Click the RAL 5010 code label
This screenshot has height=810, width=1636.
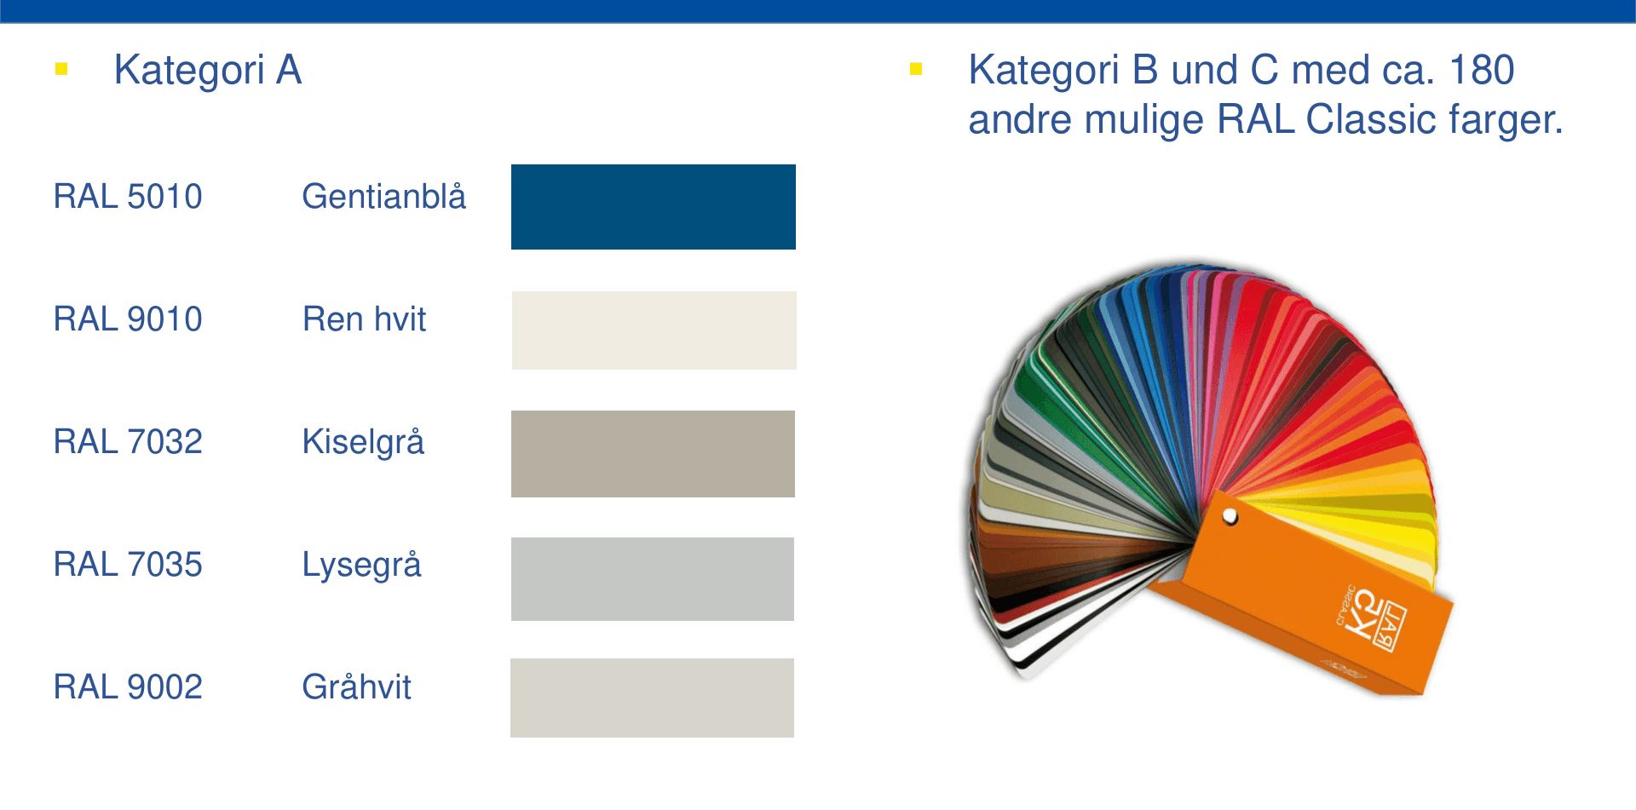(128, 197)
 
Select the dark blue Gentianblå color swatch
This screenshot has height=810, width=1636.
(653, 207)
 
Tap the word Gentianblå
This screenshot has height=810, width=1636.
(383, 197)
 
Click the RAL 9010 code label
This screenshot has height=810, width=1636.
(128, 319)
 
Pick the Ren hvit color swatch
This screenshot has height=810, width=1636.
(654, 330)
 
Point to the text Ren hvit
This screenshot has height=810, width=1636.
(364, 319)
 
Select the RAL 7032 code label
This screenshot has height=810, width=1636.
(128, 442)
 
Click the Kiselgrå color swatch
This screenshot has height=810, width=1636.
(653, 454)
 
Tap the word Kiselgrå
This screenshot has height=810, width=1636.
(363, 442)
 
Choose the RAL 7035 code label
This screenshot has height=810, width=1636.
(128, 565)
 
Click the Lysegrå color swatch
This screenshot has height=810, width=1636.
(652, 579)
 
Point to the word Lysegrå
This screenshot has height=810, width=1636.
(361, 565)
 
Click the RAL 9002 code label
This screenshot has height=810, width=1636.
(128, 687)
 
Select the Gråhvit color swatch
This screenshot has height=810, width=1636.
(652, 698)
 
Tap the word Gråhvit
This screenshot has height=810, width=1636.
(356, 687)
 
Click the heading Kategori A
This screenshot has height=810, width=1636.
(208, 70)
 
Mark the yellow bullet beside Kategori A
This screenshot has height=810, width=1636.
(61, 69)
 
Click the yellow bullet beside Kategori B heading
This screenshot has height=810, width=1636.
(916, 69)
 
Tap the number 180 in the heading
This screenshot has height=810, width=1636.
(1481, 70)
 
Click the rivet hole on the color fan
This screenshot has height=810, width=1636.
(1230, 516)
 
